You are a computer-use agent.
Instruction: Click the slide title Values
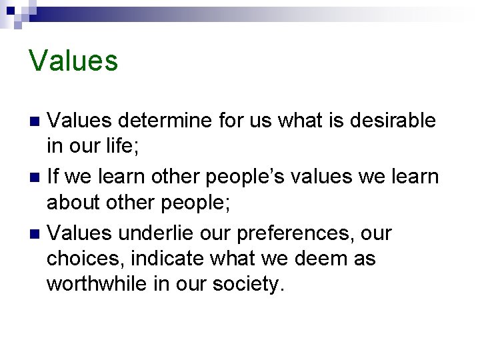[73, 61]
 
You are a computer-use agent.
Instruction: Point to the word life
[119, 147]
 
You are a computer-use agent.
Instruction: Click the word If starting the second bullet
[53, 177]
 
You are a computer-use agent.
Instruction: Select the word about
[71, 203]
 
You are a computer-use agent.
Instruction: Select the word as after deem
[363, 259]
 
